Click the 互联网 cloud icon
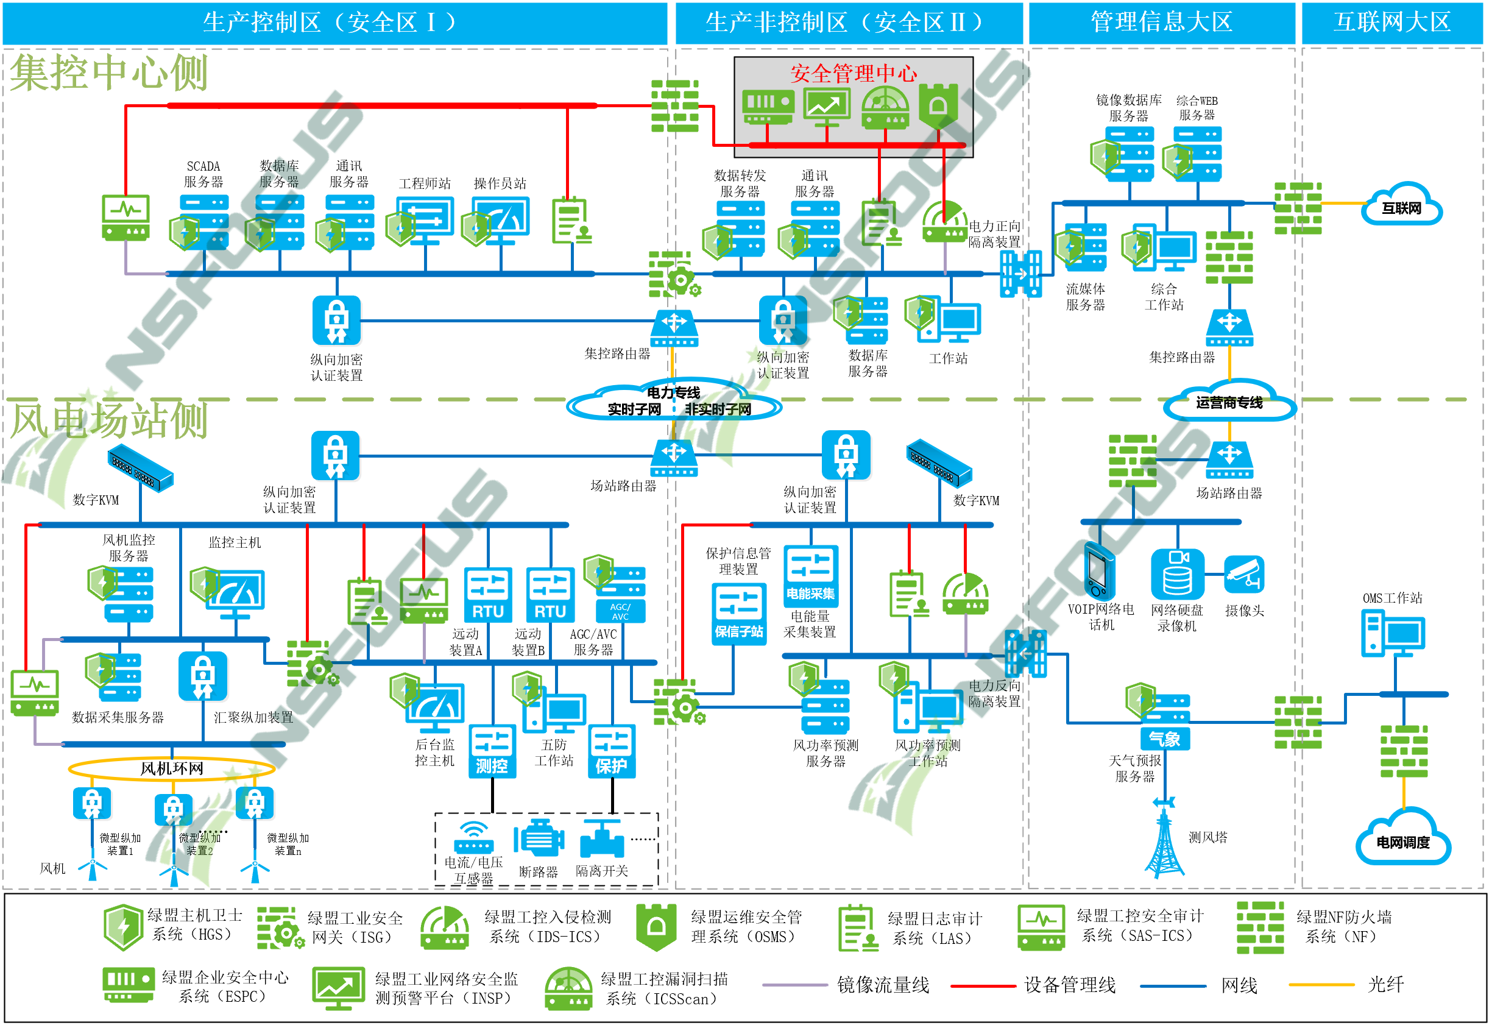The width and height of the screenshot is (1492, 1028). click(x=1401, y=205)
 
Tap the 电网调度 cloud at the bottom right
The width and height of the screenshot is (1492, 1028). click(x=1402, y=838)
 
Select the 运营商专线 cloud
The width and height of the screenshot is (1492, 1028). click(x=1229, y=402)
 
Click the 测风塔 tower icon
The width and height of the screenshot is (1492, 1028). click(x=1164, y=837)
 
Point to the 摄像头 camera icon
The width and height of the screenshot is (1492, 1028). click(x=1244, y=575)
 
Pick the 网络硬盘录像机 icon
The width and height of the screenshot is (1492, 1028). click(x=1177, y=574)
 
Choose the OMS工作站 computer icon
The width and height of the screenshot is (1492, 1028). click(x=1392, y=634)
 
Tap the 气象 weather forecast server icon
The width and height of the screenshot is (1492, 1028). click(x=1164, y=722)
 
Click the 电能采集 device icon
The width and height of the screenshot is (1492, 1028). click(x=810, y=576)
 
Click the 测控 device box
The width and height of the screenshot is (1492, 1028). click(x=492, y=751)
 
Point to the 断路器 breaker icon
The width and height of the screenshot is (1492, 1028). click(x=539, y=838)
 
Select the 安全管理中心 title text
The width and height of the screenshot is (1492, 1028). click(x=853, y=73)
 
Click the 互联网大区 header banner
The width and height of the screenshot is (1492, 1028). click(x=1391, y=23)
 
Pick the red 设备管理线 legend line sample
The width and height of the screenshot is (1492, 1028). click(x=983, y=985)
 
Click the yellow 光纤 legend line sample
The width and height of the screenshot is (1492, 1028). click(x=1321, y=985)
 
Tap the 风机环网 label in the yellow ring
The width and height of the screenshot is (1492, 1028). click(x=171, y=768)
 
